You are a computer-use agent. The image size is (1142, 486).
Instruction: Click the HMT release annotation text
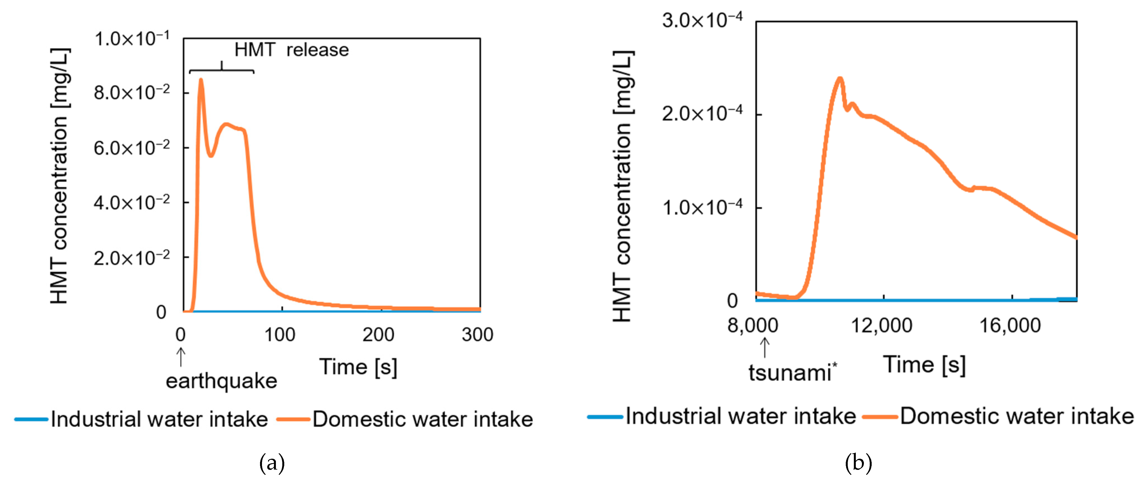click(x=291, y=50)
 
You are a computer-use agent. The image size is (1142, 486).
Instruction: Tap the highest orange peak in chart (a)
click(x=201, y=80)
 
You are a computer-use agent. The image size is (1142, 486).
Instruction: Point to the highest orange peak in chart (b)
click(x=839, y=79)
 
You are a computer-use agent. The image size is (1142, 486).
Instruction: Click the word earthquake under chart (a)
click(x=221, y=381)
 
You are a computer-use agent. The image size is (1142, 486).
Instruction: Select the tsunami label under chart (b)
click(x=790, y=372)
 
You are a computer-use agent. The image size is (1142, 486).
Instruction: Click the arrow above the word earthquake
click(x=180, y=357)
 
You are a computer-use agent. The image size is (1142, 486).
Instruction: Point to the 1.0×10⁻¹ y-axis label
click(x=132, y=39)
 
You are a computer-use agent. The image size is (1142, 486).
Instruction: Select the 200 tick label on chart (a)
click(x=378, y=335)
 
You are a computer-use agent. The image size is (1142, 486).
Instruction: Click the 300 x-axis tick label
click(x=477, y=335)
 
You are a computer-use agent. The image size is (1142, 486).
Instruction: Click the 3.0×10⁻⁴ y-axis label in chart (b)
click(x=702, y=20)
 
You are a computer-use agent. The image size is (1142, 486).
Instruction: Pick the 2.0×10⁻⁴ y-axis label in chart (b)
click(x=702, y=114)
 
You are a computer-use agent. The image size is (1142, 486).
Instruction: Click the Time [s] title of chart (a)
click(x=358, y=367)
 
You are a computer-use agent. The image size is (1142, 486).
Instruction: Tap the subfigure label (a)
click(x=272, y=464)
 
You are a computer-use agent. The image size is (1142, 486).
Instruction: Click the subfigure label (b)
click(x=858, y=464)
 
